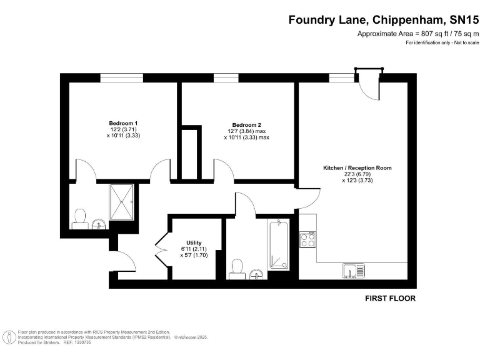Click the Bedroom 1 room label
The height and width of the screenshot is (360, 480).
tap(123, 123)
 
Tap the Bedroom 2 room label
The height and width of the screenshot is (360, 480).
tap(246, 123)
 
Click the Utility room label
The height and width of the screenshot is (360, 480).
tap(193, 242)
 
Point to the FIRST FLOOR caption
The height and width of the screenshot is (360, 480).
tap(390, 299)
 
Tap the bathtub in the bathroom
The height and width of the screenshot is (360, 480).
tap(279, 244)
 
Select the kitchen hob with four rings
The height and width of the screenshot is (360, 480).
tap(307, 239)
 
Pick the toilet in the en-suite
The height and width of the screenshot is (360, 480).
tap(79, 218)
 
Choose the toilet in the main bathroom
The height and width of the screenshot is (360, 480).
tap(236, 268)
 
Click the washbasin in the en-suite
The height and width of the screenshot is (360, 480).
tap(98, 224)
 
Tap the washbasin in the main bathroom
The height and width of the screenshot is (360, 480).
tap(256, 274)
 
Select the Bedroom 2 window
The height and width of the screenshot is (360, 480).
tap(221, 77)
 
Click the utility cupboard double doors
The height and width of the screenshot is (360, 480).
tap(161, 249)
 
